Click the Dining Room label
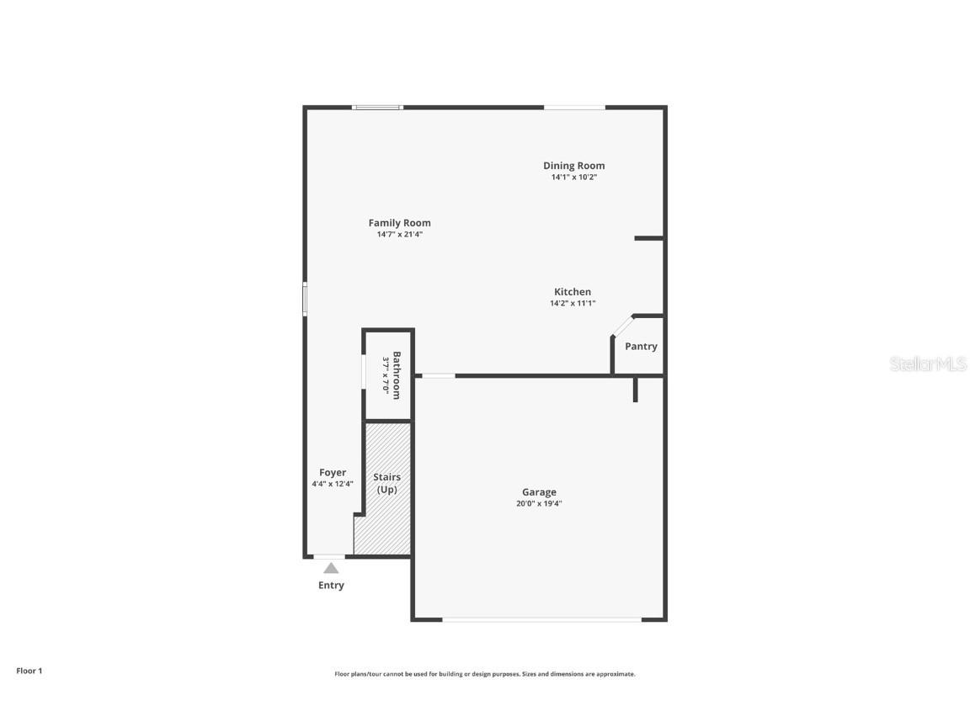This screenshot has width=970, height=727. pos(573,166)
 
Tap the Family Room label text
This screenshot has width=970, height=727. pos(399,223)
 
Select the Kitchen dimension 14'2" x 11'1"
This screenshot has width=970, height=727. pos(573,304)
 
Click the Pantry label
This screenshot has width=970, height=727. pos(641,347)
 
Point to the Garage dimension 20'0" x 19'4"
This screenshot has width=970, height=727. pos(539,504)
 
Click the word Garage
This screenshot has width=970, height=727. pos(539,492)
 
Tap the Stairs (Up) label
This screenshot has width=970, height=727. pos(386,483)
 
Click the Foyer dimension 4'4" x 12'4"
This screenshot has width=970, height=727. pos(333,484)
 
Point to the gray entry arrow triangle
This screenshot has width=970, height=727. pos(331,568)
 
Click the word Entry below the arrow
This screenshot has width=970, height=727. pos(331,586)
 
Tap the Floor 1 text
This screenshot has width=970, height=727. pos(29,671)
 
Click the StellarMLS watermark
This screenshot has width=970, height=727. pos(928,364)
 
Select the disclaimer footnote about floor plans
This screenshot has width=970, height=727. pos(485,674)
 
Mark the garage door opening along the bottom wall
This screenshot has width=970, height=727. pos(541,620)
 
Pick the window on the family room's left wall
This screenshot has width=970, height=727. pos(305,299)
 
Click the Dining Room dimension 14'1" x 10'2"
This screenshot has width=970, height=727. pos(573,178)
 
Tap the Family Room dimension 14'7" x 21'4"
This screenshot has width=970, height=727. pos(399,235)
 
